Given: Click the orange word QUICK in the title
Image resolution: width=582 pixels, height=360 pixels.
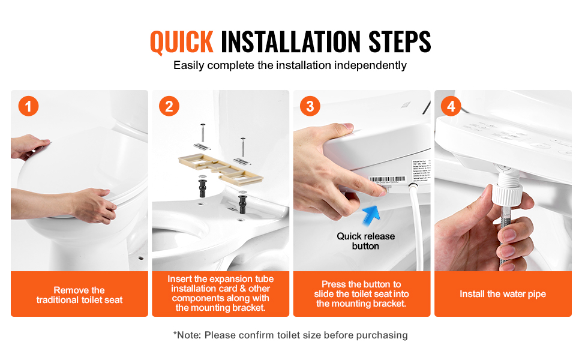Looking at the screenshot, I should [x=181, y=42].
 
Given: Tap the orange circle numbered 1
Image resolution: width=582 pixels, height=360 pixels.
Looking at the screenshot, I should [x=28, y=106].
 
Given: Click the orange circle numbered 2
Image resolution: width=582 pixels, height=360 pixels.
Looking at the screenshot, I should [x=169, y=106].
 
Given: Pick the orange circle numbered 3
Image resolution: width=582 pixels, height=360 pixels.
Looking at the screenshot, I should [x=310, y=106].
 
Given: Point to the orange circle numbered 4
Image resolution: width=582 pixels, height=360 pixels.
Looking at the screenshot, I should [x=451, y=106].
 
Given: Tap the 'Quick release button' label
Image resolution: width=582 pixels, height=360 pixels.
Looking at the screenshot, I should [x=365, y=241].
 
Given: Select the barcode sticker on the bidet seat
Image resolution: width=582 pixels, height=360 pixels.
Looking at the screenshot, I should [x=383, y=180].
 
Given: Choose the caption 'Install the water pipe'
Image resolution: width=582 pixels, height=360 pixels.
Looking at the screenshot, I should [x=503, y=294].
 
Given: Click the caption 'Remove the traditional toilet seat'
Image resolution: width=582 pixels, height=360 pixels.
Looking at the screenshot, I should [x=79, y=295].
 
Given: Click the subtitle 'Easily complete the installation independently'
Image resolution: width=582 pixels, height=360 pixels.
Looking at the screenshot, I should [x=290, y=65].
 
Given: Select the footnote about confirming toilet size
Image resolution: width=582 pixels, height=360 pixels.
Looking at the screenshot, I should [x=290, y=335].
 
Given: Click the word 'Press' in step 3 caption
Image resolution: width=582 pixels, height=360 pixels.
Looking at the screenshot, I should [x=334, y=284].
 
